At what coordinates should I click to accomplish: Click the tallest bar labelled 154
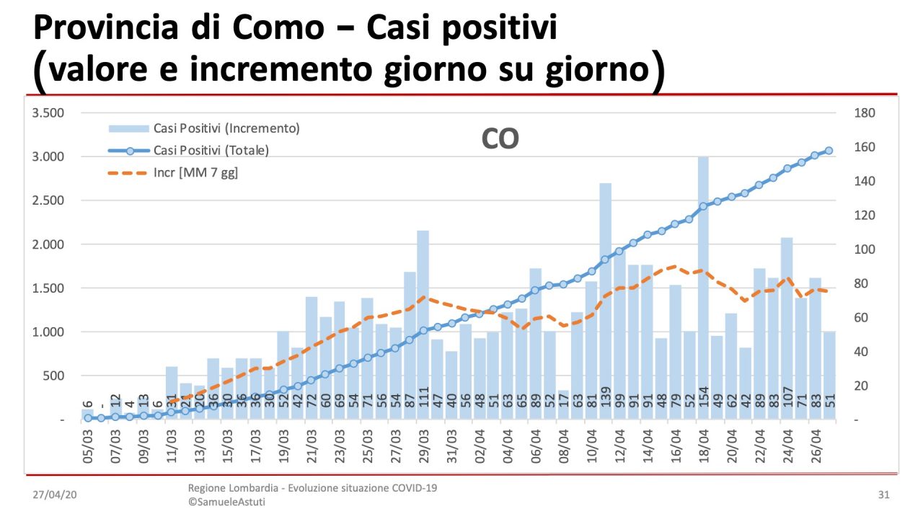tap(703, 288)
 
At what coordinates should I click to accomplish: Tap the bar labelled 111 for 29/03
tap(423, 325)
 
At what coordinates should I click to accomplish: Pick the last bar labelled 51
tap(829, 376)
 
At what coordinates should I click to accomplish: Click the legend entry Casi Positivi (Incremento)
tap(204, 128)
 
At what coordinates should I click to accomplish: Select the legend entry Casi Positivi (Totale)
tap(204, 151)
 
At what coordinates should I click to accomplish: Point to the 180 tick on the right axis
tap(864, 113)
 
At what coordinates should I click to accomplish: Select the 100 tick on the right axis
tap(864, 249)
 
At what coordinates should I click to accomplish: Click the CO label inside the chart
tap(500, 139)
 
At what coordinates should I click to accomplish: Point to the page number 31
tap(883, 495)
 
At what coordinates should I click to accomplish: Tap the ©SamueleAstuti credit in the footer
tap(226, 502)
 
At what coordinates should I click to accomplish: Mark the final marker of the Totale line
tap(829, 151)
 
